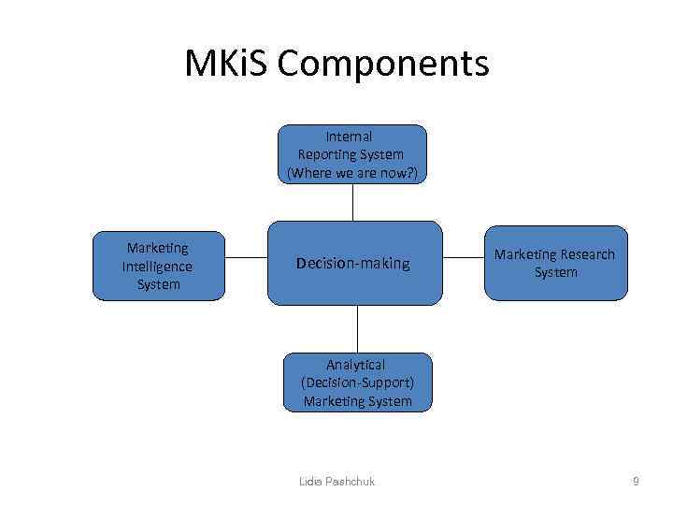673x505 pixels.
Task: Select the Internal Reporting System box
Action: tap(351, 154)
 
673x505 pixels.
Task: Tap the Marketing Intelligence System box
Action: tap(158, 267)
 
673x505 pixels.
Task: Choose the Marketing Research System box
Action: tap(555, 264)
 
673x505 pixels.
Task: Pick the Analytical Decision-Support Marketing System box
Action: tap(357, 382)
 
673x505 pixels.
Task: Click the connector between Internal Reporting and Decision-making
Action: tap(352, 202)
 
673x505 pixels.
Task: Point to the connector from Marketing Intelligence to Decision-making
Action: tap(246, 256)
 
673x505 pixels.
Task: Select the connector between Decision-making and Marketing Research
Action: tap(463, 256)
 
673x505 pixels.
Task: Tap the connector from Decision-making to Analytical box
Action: tap(357, 328)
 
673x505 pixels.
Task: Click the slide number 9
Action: tap(636, 482)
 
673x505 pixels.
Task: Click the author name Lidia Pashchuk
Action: tap(336, 482)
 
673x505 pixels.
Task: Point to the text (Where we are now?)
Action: tap(351, 172)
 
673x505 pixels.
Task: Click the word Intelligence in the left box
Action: tap(157, 267)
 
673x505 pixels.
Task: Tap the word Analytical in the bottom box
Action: tap(355, 365)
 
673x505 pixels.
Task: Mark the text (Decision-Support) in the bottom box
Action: tap(357, 382)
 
